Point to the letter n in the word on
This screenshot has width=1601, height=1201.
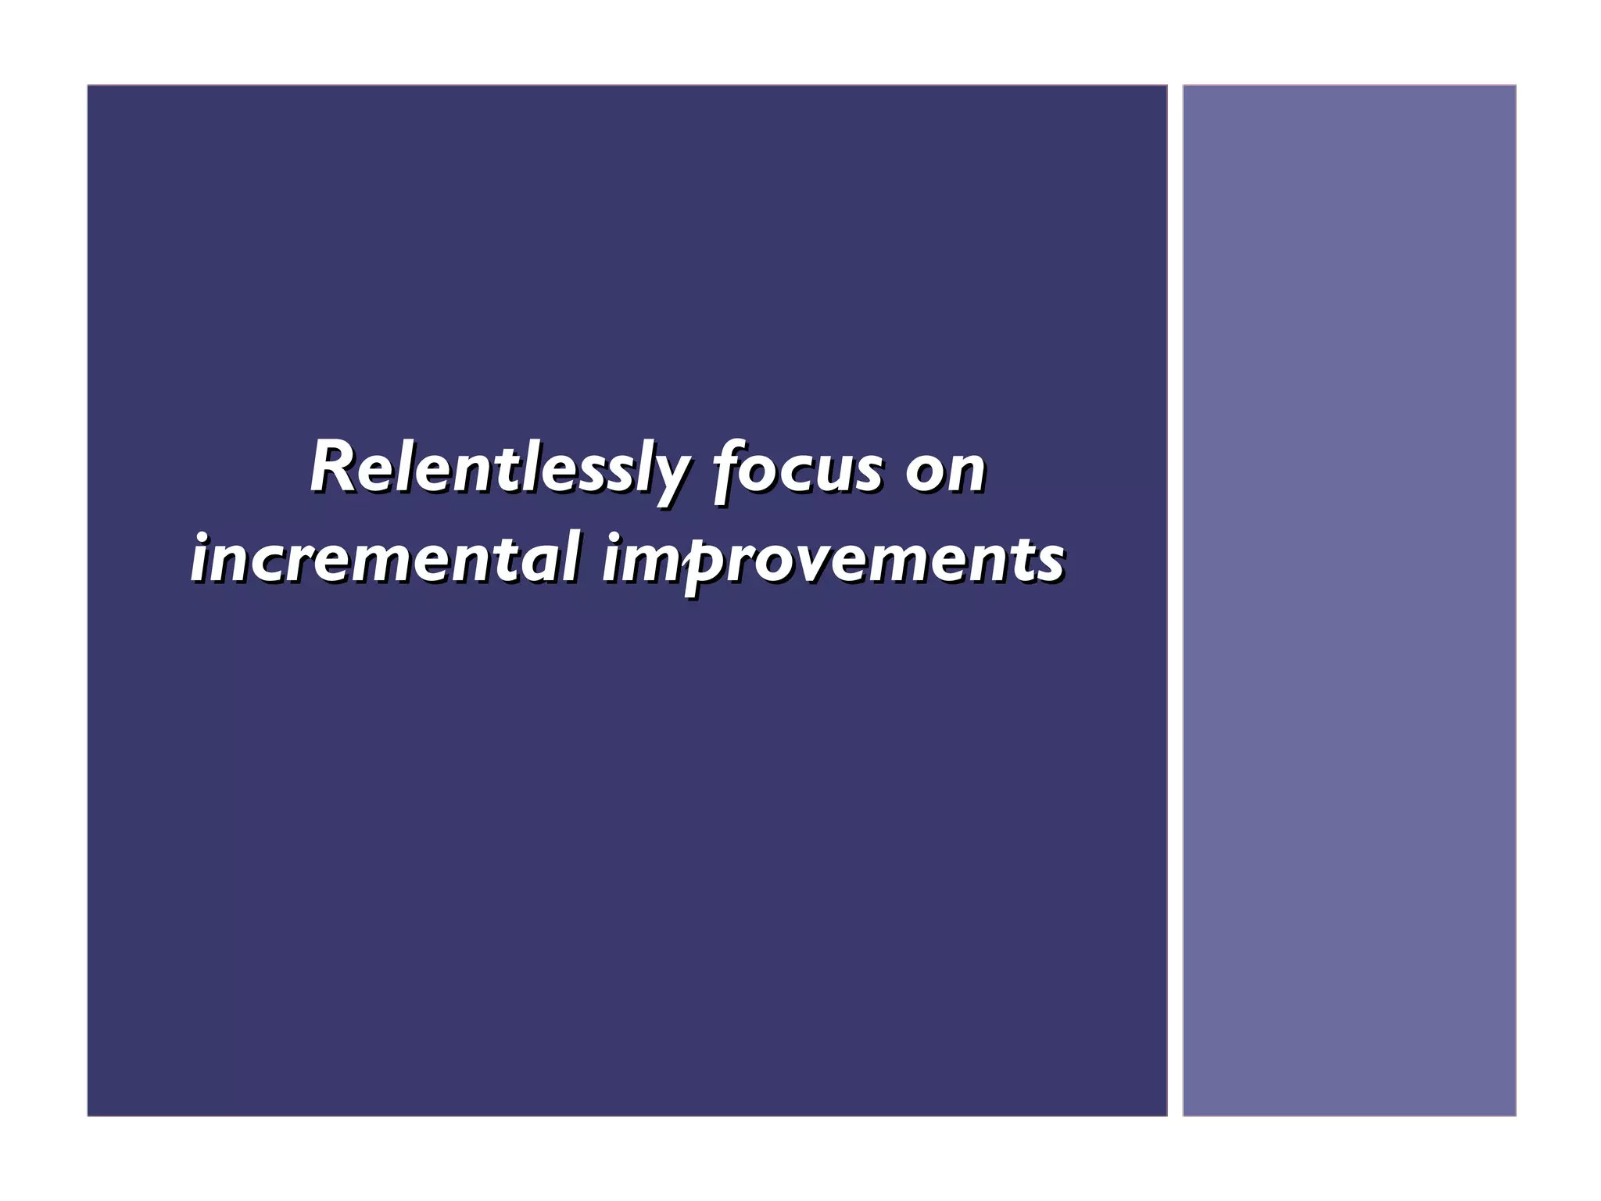point(966,472)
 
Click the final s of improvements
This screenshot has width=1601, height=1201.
point(1051,561)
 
